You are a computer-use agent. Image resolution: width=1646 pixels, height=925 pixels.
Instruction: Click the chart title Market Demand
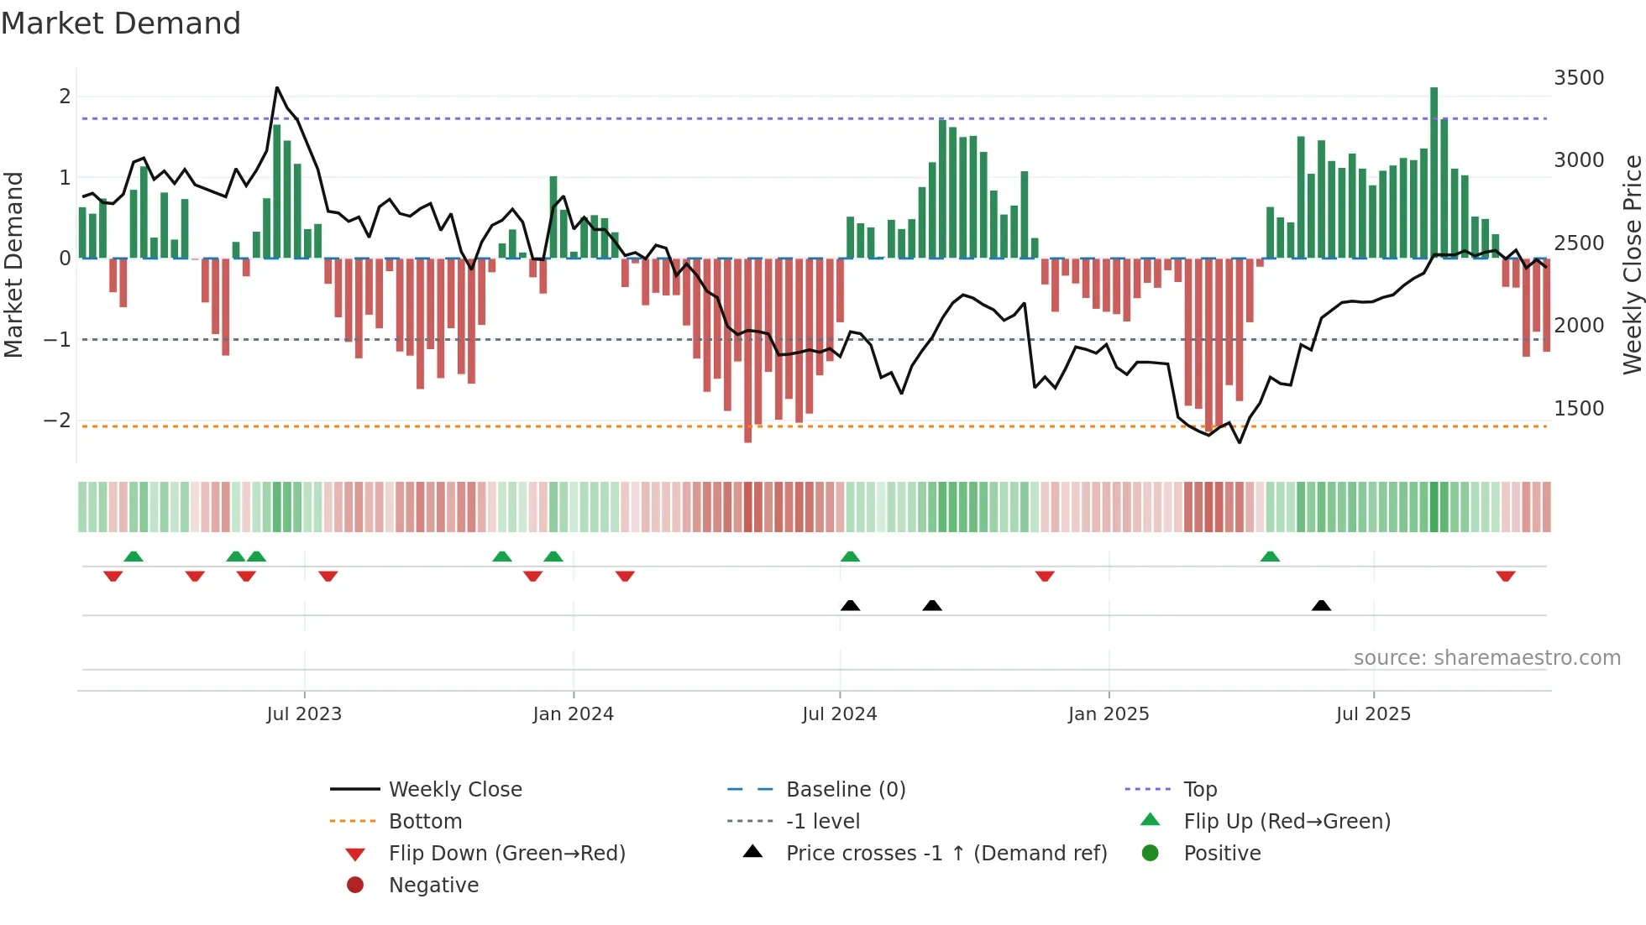[x=121, y=24]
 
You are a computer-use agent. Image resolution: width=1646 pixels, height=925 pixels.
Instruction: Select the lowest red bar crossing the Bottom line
[x=747, y=353]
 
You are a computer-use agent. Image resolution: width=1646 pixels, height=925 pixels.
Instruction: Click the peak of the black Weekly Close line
[x=277, y=87]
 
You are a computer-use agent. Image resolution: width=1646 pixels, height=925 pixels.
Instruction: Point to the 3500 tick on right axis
[x=1578, y=78]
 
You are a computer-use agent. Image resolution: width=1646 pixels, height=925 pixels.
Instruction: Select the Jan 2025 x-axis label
[x=1108, y=714]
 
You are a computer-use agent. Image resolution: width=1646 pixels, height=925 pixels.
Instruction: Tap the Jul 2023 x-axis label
[x=304, y=714]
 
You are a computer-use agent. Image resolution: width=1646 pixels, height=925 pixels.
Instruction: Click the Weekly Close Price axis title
[x=1632, y=264]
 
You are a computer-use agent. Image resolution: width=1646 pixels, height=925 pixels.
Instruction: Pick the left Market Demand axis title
[x=13, y=264]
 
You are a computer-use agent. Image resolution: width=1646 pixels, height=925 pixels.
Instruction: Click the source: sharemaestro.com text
[x=1486, y=658]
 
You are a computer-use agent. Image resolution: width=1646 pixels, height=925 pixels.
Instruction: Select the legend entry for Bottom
[x=425, y=822]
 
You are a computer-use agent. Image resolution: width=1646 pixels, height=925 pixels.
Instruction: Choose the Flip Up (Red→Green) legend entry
[x=1287, y=822]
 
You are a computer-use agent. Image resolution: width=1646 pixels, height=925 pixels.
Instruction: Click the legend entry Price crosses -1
[x=946, y=854]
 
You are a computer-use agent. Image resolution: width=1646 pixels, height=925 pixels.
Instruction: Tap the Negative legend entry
[x=433, y=886]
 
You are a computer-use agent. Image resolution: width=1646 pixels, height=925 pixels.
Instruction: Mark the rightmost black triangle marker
[x=1321, y=605]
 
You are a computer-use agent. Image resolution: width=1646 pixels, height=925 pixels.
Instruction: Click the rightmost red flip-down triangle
[x=1505, y=576]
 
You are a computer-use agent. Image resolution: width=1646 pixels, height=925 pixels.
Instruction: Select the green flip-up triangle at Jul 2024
[x=850, y=557]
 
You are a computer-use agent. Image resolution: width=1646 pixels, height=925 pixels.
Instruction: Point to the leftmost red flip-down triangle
[x=113, y=576]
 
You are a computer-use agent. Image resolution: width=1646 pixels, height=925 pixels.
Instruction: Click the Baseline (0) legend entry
[x=845, y=790]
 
